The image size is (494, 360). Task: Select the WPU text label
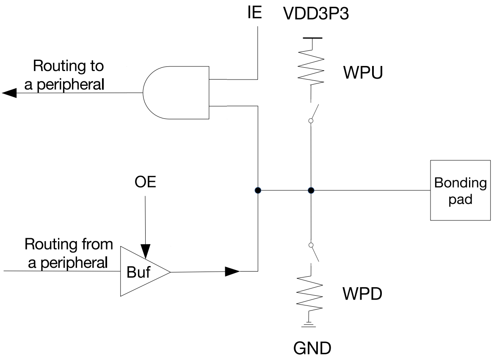pyautogui.click(x=363, y=73)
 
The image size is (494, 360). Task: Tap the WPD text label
pyautogui.click(x=363, y=293)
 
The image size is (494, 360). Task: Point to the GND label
pyautogui.click(x=312, y=349)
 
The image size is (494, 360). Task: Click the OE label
pyautogui.click(x=145, y=183)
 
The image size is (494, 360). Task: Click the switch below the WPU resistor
pyautogui.click(x=313, y=112)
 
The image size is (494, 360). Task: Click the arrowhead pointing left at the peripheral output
pyautogui.click(x=9, y=93)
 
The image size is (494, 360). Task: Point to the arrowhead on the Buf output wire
pyautogui.click(x=232, y=271)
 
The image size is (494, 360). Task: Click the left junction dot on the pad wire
pyautogui.click(x=258, y=190)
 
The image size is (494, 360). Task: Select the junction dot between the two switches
pyautogui.click(x=311, y=190)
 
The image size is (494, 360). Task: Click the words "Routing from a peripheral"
pyautogui.click(x=68, y=253)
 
